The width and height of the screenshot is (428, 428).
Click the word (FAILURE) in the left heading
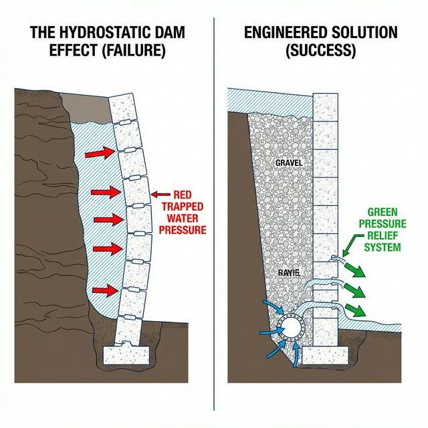coord(134,51)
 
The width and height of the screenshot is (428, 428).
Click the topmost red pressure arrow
coord(99,154)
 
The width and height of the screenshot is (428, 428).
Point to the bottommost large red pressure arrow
coord(105,290)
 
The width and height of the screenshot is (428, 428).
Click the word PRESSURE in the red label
coord(183,229)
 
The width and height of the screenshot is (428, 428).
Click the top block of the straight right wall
coord(326,106)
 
